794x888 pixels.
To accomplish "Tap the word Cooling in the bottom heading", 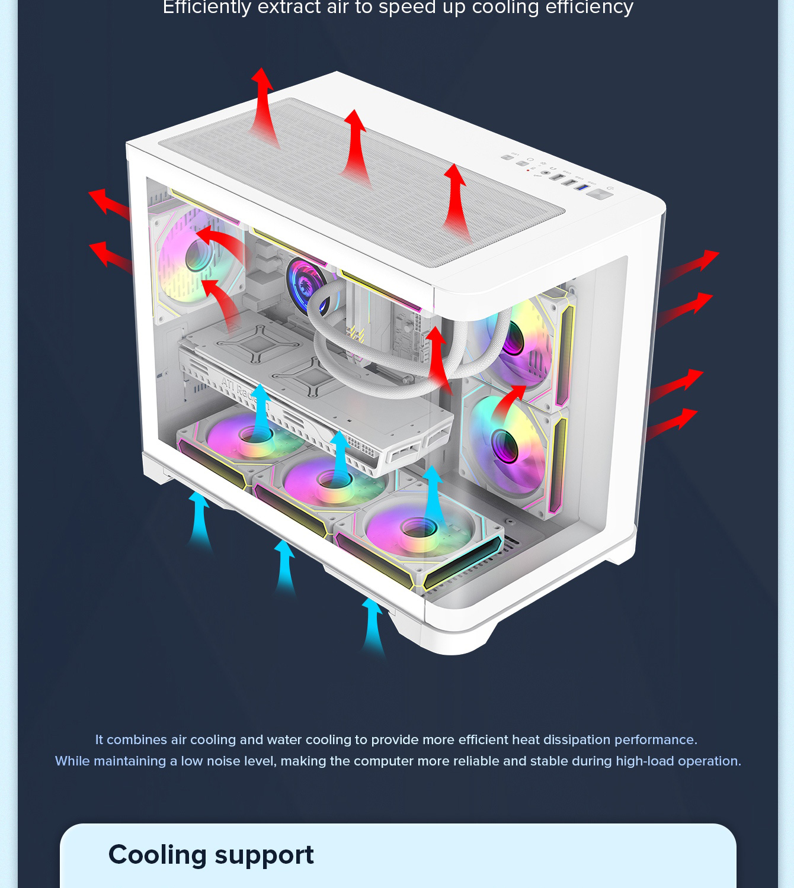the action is point(157,854).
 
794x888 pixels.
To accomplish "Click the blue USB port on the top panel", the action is point(582,188).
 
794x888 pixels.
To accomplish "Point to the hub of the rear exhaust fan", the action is point(198,255).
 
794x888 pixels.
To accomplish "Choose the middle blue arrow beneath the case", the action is point(284,568).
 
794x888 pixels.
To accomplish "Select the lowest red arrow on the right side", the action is point(671,423).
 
